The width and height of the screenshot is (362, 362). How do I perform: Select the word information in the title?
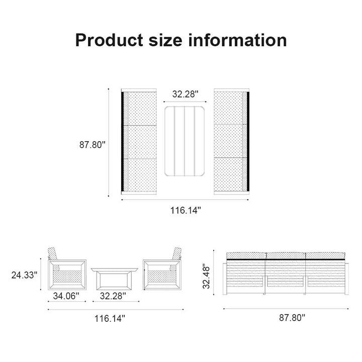click(x=238, y=40)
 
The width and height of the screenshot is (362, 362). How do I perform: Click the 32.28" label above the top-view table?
click(x=185, y=94)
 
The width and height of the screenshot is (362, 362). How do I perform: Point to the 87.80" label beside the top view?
click(x=93, y=145)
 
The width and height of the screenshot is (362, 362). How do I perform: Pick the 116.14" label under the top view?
click(x=185, y=210)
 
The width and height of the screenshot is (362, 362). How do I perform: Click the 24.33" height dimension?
click(x=25, y=275)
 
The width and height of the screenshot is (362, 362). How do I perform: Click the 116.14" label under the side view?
click(x=110, y=318)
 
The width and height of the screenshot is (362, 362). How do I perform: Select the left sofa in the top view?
click(x=139, y=142)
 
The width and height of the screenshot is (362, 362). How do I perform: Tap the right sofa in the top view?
click(x=231, y=142)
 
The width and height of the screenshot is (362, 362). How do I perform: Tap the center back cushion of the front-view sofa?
click(x=285, y=255)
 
